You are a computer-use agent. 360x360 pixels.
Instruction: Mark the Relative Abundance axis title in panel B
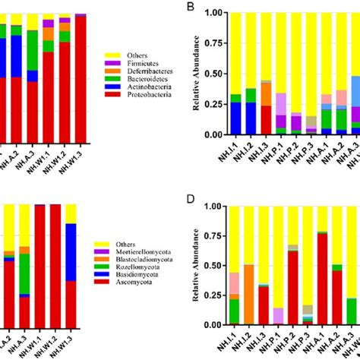197,74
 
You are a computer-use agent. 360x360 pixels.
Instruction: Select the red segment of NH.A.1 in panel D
323,279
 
